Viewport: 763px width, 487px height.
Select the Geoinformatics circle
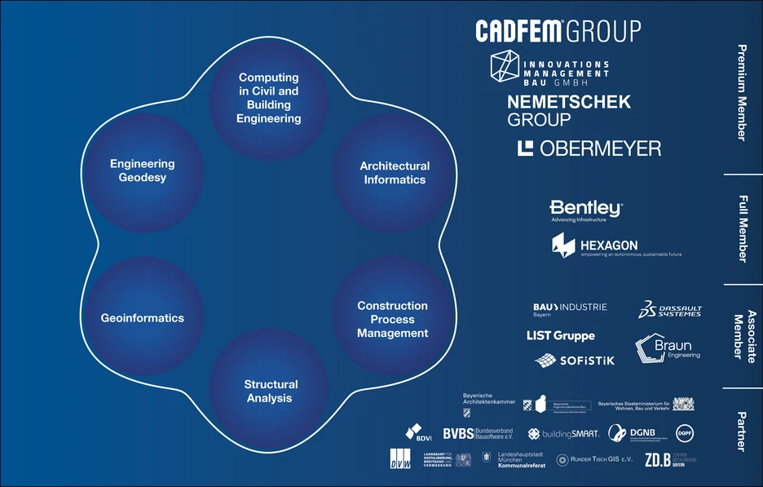143,318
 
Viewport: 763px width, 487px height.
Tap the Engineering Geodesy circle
143,170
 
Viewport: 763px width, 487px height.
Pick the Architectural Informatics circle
395,172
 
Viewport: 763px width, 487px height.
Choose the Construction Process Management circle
392,319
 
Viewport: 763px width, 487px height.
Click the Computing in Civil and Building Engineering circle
268,99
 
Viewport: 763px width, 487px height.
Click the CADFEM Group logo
558,31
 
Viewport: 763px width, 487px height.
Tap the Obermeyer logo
589,148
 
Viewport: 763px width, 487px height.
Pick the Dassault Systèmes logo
669,310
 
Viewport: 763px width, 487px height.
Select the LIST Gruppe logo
561,336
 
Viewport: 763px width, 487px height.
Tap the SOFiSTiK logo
574,360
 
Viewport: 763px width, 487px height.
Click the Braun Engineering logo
666,349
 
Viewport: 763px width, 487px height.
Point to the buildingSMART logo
563,433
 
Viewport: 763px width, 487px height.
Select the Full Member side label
741,229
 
